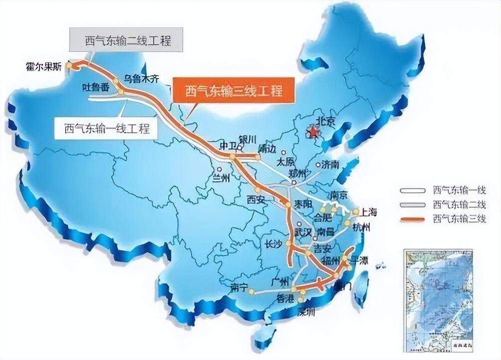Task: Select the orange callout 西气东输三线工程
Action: [233, 91]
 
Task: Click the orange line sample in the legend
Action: [413, 219]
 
